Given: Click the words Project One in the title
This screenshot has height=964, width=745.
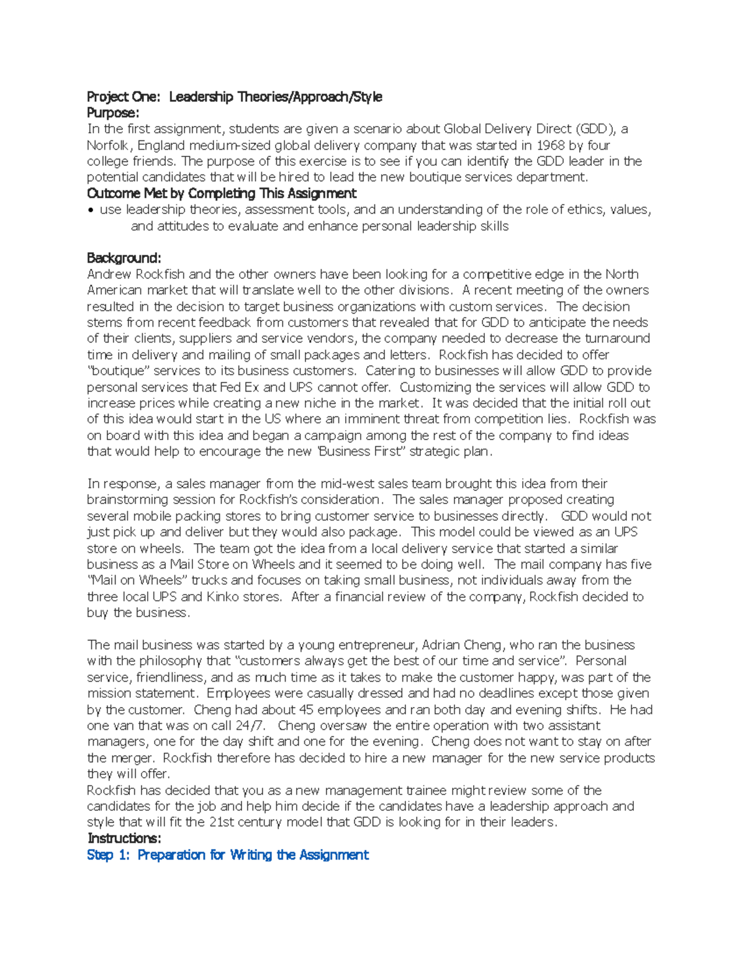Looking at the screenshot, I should click(123, 97).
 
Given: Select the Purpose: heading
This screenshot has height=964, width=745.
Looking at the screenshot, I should click(113, 113).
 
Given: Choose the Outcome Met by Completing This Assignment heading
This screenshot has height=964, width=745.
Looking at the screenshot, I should click(222, 193).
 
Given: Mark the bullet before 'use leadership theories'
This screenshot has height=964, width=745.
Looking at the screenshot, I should click(91, 210).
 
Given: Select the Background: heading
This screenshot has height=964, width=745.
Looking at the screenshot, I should click(124, 258).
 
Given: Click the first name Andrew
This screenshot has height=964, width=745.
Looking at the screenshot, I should click(109, 274).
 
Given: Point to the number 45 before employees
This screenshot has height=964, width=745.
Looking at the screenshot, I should click(306, 710).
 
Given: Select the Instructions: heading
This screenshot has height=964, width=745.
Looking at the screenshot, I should click(124, 839).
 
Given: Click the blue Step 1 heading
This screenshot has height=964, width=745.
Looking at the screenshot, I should click(228, 855).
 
